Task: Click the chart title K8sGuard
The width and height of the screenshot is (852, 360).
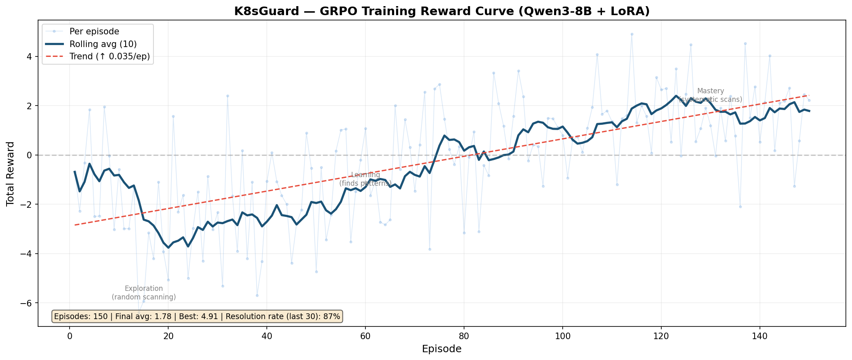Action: pyautogui.click(x=442, y=11)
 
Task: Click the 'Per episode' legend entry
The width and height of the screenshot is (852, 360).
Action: pyautogui.click(x=94, y=32)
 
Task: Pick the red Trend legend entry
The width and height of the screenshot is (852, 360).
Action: pyautogui.click(x=110, y=56)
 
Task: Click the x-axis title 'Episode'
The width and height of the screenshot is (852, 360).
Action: pyautogui.click(x=442, y=349)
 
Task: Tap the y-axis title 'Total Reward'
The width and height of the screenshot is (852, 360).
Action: pyautogui.click(x=11, y=173)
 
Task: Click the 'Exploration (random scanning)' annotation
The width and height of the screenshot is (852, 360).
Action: pyautogui.click(x=144, y=293)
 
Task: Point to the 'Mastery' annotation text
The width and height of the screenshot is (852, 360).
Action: pyautogui.click(x=710, y=91)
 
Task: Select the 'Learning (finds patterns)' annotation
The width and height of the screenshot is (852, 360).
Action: pyautogui.click(x=365, y=179)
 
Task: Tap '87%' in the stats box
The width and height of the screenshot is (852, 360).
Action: pyautogui.click(x=331, y=316)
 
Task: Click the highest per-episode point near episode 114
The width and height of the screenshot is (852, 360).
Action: pyautogui.click(x=631, y=34)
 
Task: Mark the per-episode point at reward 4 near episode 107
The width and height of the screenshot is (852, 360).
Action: pyautogui.click(x=597, y=54)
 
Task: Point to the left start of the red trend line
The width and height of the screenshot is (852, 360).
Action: pyautogui.click(x=75, y=225)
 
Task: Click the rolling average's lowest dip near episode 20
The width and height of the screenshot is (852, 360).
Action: pyautogui.click(x=168, y=248)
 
